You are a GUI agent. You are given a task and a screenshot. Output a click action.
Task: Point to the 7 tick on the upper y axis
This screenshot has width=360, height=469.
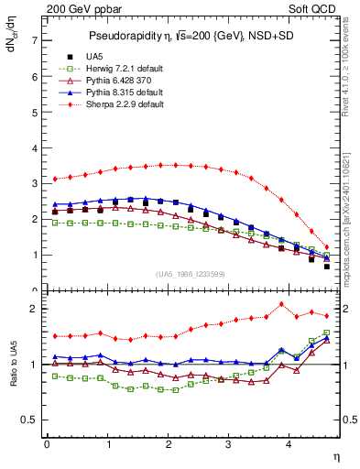(34, 41)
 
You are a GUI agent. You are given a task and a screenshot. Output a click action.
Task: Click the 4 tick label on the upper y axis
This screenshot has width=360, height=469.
(34, 148)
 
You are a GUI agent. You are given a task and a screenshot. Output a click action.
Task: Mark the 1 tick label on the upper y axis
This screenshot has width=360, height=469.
(34, 255)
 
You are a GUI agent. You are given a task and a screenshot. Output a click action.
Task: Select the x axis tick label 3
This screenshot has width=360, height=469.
(228, 445)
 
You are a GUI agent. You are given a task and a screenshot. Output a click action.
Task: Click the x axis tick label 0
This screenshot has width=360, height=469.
(47, 445)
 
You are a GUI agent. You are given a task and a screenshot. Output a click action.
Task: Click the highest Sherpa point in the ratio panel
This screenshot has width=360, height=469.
(281, 304)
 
